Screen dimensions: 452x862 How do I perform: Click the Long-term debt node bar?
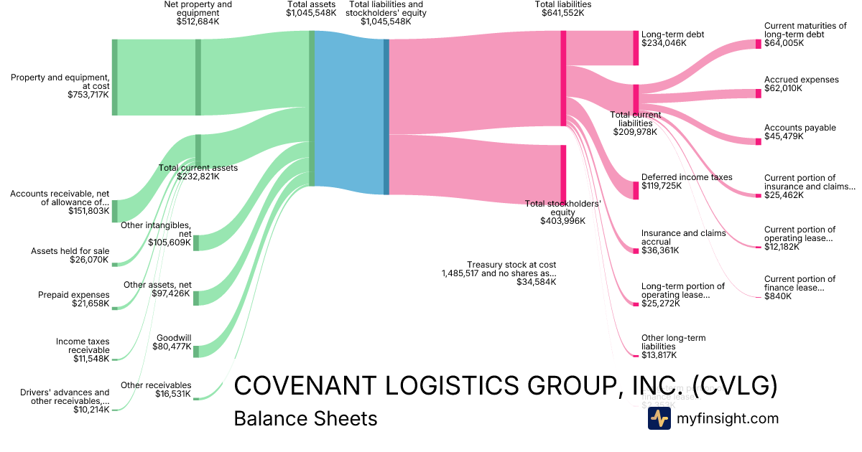click(x=636, y=48)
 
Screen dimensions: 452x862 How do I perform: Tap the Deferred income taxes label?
click(x=687, y=177)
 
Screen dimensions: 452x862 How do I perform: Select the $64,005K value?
click(x=784, y=43)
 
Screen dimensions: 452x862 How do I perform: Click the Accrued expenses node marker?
click(x=758, y=93)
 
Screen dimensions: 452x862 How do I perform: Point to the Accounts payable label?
click(x=800, y=128)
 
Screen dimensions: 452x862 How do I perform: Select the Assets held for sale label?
click(x=70, y=251)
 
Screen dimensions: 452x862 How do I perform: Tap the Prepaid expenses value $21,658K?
click(x=91, y=303)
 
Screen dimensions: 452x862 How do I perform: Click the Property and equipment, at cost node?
click(x=114, y=77)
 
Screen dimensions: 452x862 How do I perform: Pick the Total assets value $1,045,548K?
click(x=310, y=13)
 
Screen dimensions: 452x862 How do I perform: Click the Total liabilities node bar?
click(x=563, y=78)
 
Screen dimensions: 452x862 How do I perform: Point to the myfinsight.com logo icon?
click(x=659, y=418)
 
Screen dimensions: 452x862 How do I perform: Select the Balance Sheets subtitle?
click(x=305, y=418)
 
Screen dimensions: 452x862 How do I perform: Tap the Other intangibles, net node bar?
click(x=196, y=243)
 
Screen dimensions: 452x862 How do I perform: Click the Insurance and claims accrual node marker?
click(x=636, y=250)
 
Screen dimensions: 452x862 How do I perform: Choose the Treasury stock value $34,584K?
click(x=536, y=282)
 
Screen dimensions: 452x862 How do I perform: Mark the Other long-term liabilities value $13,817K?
click(x=659, y=355)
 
